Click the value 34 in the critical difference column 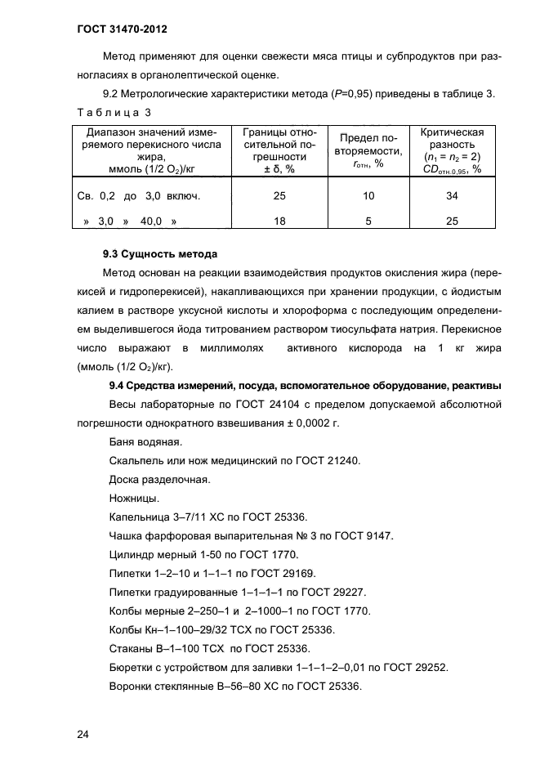[x=452, y=196]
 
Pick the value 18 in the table [x=279, y=221]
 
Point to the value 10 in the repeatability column [x=368, y=196]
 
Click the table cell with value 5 [x=368, y=221]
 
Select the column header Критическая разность [x=452, y=138]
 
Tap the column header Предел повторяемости [x=368, y=144]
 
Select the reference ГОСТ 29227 [x=332, y=592]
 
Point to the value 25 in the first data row [x=279, y=196]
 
